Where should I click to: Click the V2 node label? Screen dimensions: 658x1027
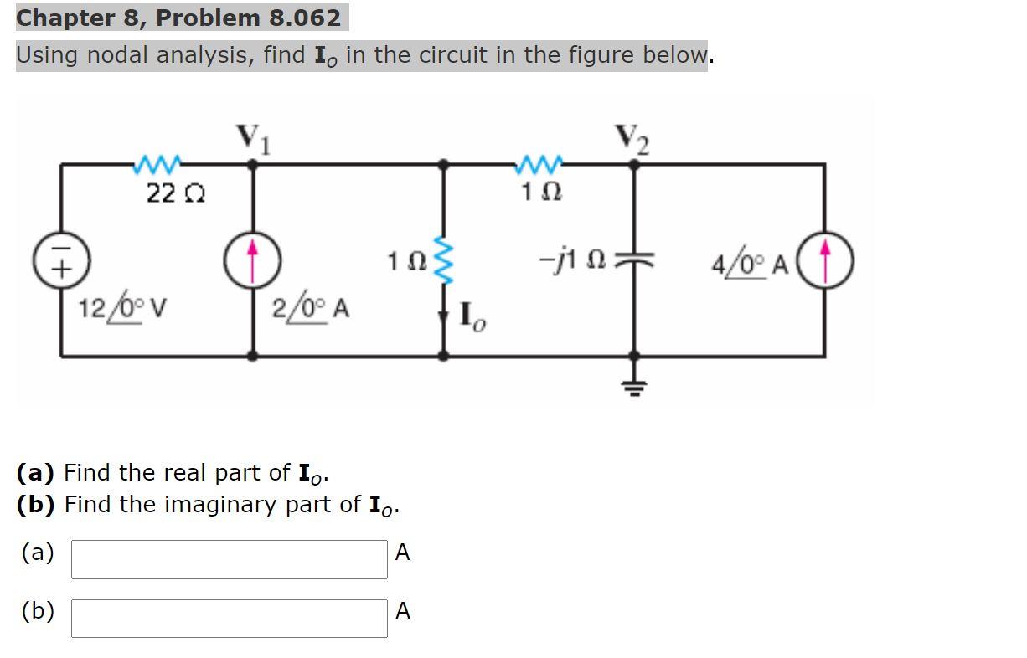point(632,137)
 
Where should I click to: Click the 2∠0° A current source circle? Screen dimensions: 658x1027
point(251,260)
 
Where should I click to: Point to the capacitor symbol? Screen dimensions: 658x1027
point(634,260)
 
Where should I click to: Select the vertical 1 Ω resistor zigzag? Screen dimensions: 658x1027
point(445,260)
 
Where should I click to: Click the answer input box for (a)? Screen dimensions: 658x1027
point(229,559)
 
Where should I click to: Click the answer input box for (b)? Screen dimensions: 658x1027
point(229,619)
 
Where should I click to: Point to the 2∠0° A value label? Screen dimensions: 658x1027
point(311,309)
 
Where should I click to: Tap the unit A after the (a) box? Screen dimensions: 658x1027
point(403,553)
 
